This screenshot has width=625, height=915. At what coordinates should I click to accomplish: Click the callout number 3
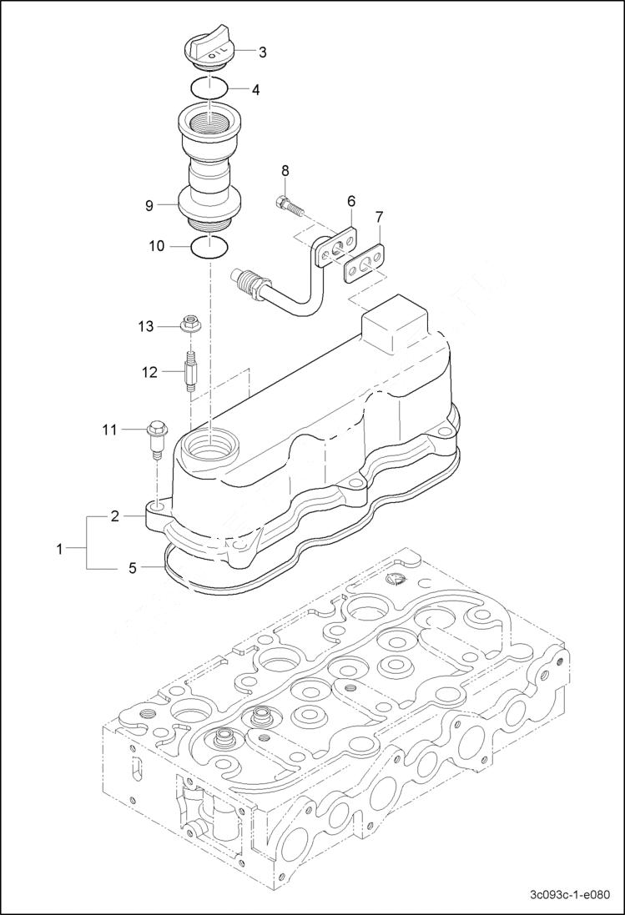[x=262, y=53]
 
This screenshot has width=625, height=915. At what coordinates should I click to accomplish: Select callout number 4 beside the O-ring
[x=256, y=89]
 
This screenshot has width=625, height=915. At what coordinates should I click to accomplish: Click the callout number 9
[x=149, y=204]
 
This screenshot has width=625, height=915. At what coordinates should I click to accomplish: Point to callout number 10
[x=157, y=246]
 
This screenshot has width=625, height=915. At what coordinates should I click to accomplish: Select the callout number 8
[x=285, y=170]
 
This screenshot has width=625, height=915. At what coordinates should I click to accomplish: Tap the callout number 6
[x=351, y=200]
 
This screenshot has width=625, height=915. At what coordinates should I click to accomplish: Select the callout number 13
[x=146, y=326]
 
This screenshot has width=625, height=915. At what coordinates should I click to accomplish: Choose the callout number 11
[x=110, y=430]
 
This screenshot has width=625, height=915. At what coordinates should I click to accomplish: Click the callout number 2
[x=115, y=517]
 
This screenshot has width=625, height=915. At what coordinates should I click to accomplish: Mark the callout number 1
[x=59, y=549]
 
